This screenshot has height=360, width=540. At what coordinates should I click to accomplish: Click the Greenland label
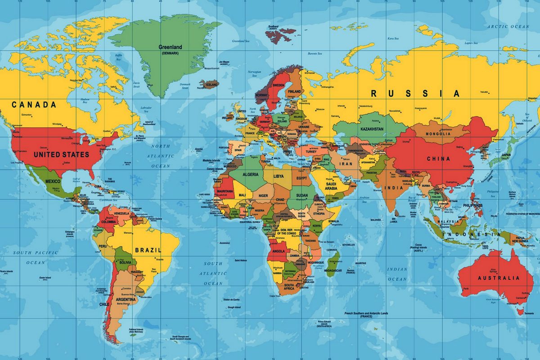coord(170,47)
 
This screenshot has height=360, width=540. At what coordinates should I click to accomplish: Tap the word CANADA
coord(34,105)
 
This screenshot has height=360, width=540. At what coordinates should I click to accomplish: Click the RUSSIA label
coord(415,94)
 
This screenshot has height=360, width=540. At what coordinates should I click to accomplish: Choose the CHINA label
coord(438,159)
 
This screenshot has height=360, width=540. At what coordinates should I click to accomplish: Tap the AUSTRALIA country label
coord(498,278)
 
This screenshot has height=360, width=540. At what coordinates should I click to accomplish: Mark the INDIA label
coord(393,188)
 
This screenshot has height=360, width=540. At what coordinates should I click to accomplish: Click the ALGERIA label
coord(251,174)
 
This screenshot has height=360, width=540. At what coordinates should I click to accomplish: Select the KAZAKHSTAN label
coord(372,129)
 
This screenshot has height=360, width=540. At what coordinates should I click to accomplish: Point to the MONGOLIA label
coord(439,134)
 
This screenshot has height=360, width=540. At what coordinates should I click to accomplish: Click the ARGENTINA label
coord(126,299)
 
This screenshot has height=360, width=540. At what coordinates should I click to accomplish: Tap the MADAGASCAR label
coord(333,271)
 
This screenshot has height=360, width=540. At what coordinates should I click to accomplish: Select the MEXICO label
coord(53,181)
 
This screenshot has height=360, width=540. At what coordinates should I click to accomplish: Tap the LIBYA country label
coord(279,176)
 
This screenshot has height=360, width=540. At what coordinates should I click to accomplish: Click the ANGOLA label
coord(279,251)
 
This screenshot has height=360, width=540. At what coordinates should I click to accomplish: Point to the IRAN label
coord(346,164)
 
